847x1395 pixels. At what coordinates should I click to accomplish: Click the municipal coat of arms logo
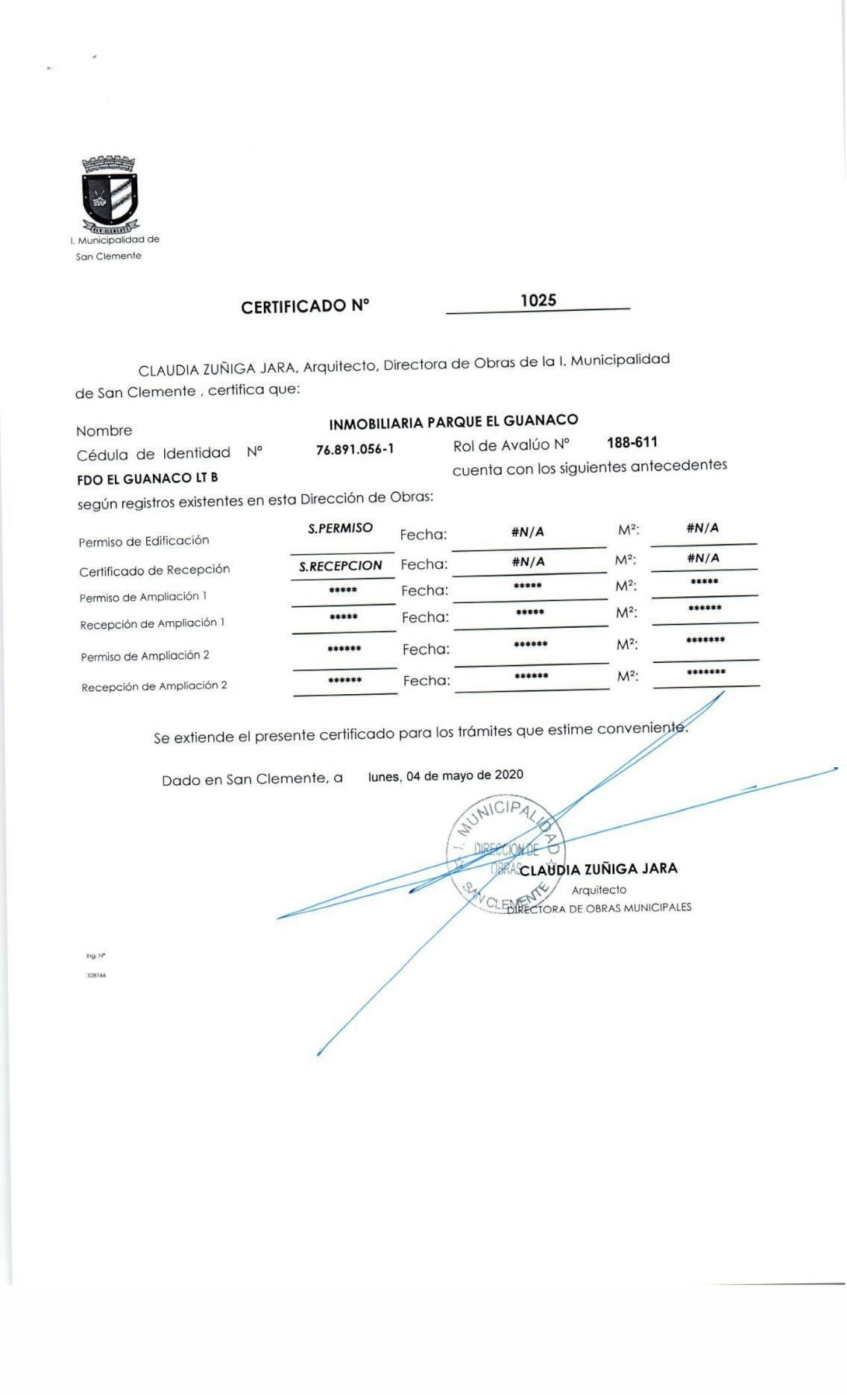(x=110, y=193)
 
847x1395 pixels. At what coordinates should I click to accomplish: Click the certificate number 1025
(x=538, y=300)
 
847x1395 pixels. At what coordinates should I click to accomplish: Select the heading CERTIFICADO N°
(x=305, y=306)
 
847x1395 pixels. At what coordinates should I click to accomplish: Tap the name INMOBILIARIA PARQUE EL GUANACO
(x=453, y=422)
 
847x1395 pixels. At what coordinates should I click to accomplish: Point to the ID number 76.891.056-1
(x=355, y=449)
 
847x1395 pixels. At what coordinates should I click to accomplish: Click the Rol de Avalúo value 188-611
(x=632, y=442)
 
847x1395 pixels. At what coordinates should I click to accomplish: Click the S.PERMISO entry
(x=340, y=528)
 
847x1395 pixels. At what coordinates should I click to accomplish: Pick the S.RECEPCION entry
(x=340, y=566)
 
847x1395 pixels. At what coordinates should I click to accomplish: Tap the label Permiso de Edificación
(x=144, y=541)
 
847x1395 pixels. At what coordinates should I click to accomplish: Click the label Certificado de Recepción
(x=154, y=570)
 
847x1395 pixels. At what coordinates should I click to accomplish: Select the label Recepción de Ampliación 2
(x=154, y=686)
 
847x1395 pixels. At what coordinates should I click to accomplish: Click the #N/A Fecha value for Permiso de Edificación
(x=527, y=532)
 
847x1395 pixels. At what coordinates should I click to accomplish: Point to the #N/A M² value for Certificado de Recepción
(x=702, y=558)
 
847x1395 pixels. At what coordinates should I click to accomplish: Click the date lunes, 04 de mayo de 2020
(x=445, y=775)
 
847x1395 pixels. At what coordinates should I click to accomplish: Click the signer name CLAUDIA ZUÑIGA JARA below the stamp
(x=598, y=869)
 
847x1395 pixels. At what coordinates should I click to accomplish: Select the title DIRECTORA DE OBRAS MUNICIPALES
(x=599, y=907)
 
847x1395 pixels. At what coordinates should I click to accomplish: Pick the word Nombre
(x=104, y=431)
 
